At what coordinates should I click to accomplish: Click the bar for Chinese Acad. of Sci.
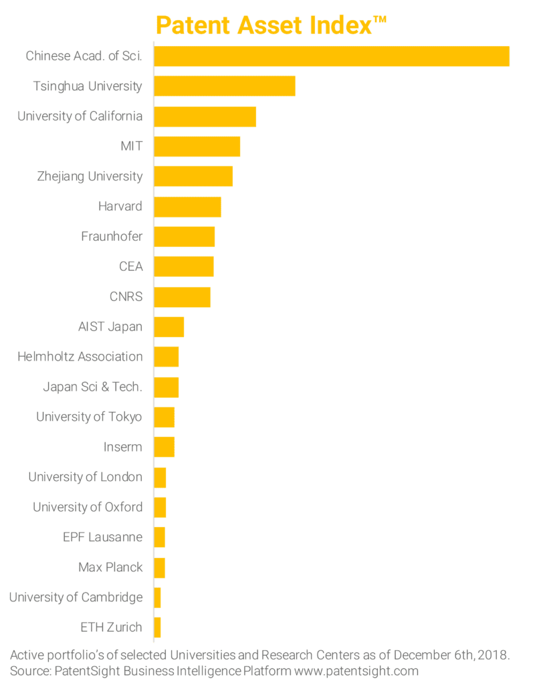(332, 56)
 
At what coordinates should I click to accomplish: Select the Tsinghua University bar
(225, 86)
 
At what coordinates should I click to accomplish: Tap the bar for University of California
(205, 116)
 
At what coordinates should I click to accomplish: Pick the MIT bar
(197, 146)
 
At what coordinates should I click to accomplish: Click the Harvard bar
(188, 207)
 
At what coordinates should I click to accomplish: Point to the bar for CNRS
(183, 297)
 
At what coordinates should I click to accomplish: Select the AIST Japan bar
(169, 327)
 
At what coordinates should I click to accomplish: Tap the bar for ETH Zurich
(158, 627)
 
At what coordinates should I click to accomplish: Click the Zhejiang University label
(90, 177)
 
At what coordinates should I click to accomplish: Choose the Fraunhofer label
(112, 237)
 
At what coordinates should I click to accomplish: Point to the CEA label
(130, 267)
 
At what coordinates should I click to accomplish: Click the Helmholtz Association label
(80, 357)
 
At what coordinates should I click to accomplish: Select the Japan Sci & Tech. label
(92, 387)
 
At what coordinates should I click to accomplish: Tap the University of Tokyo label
(89, 417)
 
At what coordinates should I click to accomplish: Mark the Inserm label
(123, 447)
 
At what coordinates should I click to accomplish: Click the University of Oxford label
(88, 507)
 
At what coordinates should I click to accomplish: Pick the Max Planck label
(110, 567)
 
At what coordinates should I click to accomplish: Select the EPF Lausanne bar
(160, 537)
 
